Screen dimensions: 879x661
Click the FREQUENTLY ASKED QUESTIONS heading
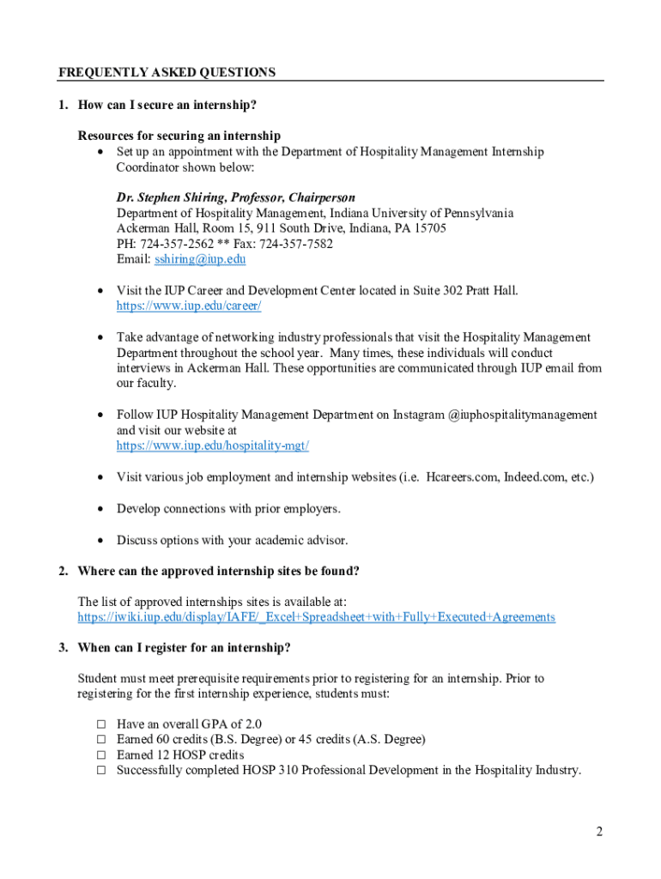pyautogui.click(x=167, y=73)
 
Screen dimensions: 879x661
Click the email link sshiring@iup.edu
pyautogui.click(x=200, y=259)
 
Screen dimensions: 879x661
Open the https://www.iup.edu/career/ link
pyautogui.click(x=189, y=306)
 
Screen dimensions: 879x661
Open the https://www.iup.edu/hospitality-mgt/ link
pyautogui.click(x=213, y=446)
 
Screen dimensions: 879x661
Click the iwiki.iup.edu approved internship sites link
pyautogui.click(x=316, y=617)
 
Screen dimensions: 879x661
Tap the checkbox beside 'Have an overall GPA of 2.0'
pyautogui.click(x=100, y=724)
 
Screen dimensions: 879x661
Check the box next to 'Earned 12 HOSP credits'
pyautogui.click(x=100, y=755)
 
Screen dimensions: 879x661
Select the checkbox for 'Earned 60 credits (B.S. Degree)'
pyautogui.click(x=100, y=740)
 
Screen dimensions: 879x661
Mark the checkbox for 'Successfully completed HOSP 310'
pyautogui.click(x=100, y=771)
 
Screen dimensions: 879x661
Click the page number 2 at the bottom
pyautogui.click(x=599, y=832)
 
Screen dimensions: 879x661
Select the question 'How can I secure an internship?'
pyautogui.click(x=167, y=105)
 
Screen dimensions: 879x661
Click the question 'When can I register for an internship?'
pyautogui.click(x=184, y=647)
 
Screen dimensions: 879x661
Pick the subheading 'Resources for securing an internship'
pyautogui.click(x=179, y=136)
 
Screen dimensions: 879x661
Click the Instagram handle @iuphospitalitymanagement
pyautogui.click(x=522, y=415)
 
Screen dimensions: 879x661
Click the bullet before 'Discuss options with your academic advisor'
pyautogui.click(x=100, y=540)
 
